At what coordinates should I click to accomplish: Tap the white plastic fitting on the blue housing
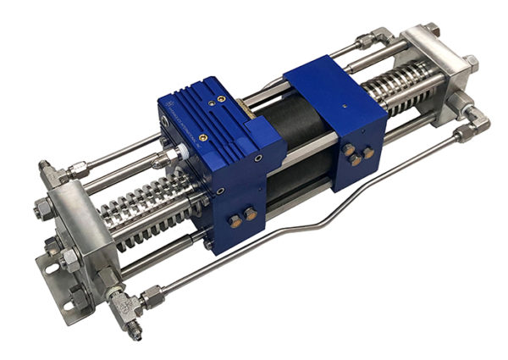click(x=177, y=157)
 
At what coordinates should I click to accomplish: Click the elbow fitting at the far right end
click(x=478, y=122)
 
